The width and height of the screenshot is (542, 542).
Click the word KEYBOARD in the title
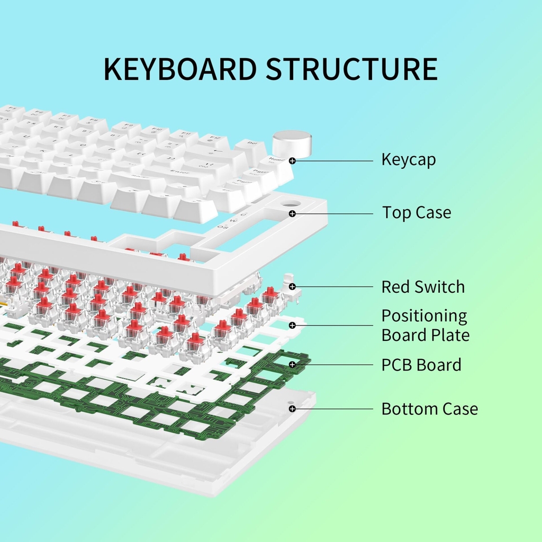[180, 69]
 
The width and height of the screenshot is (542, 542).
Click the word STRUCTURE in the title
[351, 69]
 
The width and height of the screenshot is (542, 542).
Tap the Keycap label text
[409, 159]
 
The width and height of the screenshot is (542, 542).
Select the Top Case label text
[417, 213]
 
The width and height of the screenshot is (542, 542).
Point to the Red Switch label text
[423, 287]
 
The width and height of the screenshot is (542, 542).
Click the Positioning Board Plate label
[425, 326]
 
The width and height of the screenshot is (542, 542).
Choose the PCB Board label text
[421, 365]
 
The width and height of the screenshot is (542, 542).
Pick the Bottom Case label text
[429, 409]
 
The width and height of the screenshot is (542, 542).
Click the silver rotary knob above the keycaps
[292, 143]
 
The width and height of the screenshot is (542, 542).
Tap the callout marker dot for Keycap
[292, 159]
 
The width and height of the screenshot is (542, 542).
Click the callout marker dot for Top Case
[292, 213]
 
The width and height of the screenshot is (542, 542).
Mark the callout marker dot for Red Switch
[292, 287]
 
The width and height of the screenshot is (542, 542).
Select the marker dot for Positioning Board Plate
[292, 326]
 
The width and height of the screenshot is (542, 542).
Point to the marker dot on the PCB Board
[292, 365]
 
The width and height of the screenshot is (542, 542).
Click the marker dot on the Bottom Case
[292, 409]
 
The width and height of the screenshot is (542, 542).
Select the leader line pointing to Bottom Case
[333, 409]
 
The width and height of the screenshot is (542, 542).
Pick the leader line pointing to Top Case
[333, 213]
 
